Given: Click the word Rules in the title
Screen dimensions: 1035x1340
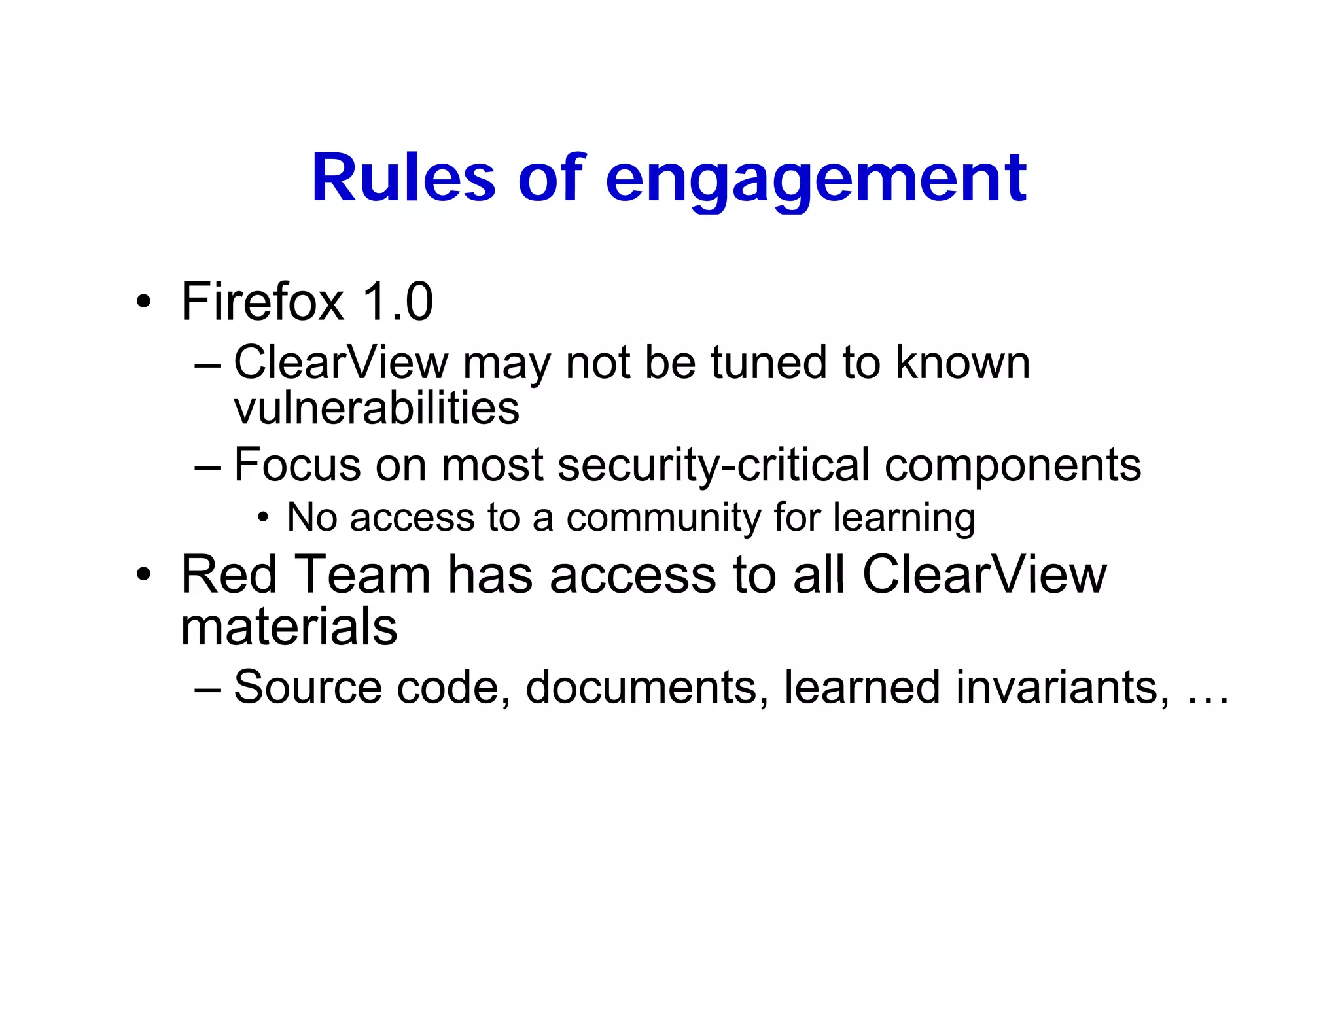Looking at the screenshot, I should click(403, 178).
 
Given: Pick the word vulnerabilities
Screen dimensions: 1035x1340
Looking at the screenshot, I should click(376, 408).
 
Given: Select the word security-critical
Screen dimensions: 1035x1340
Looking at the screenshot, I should click(714, 465).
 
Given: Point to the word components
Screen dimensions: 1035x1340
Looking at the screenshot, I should click(1013, 466).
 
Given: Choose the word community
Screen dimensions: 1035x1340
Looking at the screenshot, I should click(663, 517).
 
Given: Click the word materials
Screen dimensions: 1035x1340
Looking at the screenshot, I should click(289, 626).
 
